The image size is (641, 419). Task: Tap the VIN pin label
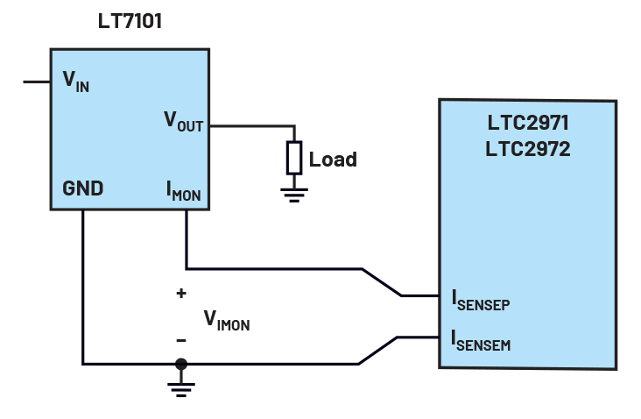pos(75,82)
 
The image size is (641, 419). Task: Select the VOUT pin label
pos(183,122)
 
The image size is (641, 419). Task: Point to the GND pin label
pos(82,188)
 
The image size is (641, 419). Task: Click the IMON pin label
pos(183,191)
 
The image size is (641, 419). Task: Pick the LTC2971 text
pos(528,124)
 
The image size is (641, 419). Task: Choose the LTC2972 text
pos(528,149)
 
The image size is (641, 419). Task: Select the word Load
pos(333,160)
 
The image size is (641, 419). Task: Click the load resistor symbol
pos(294,158)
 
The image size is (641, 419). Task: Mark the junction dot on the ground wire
pos(181,364)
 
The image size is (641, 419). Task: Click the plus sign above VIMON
pos(181,294)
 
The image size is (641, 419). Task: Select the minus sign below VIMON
pos(181,339)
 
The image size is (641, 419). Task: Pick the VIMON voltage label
pos(226,319)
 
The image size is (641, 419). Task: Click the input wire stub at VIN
pos(36,82)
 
